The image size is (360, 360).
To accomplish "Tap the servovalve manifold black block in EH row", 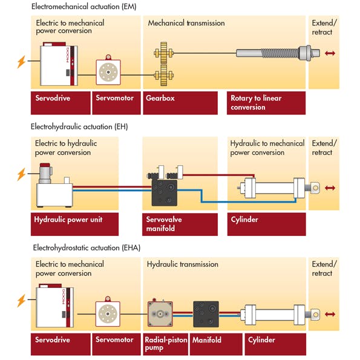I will (x=163, y=192).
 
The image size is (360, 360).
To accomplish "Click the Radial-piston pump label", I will (x=165, y=344).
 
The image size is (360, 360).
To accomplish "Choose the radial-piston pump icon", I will (x=163, y=315).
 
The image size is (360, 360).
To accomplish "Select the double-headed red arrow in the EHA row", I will (x=330, y=314).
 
